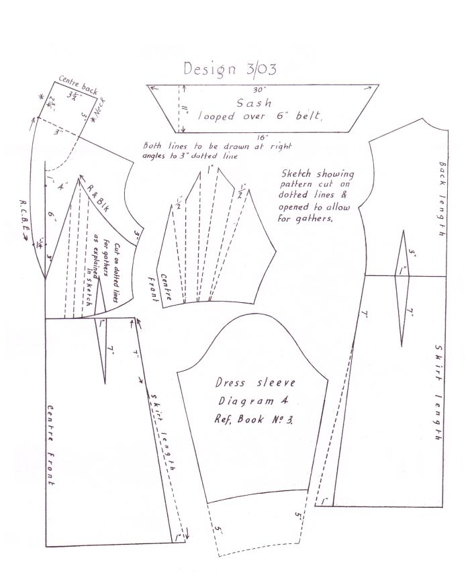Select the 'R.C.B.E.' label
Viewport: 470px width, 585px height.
point(25,216)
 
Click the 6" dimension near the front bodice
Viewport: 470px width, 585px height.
point(51,216)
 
